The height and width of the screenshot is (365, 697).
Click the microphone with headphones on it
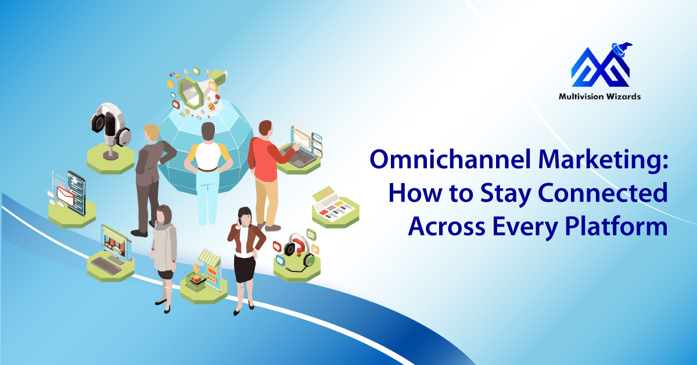pos(110,128)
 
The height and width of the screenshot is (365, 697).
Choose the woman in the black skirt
pos(244,256)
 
